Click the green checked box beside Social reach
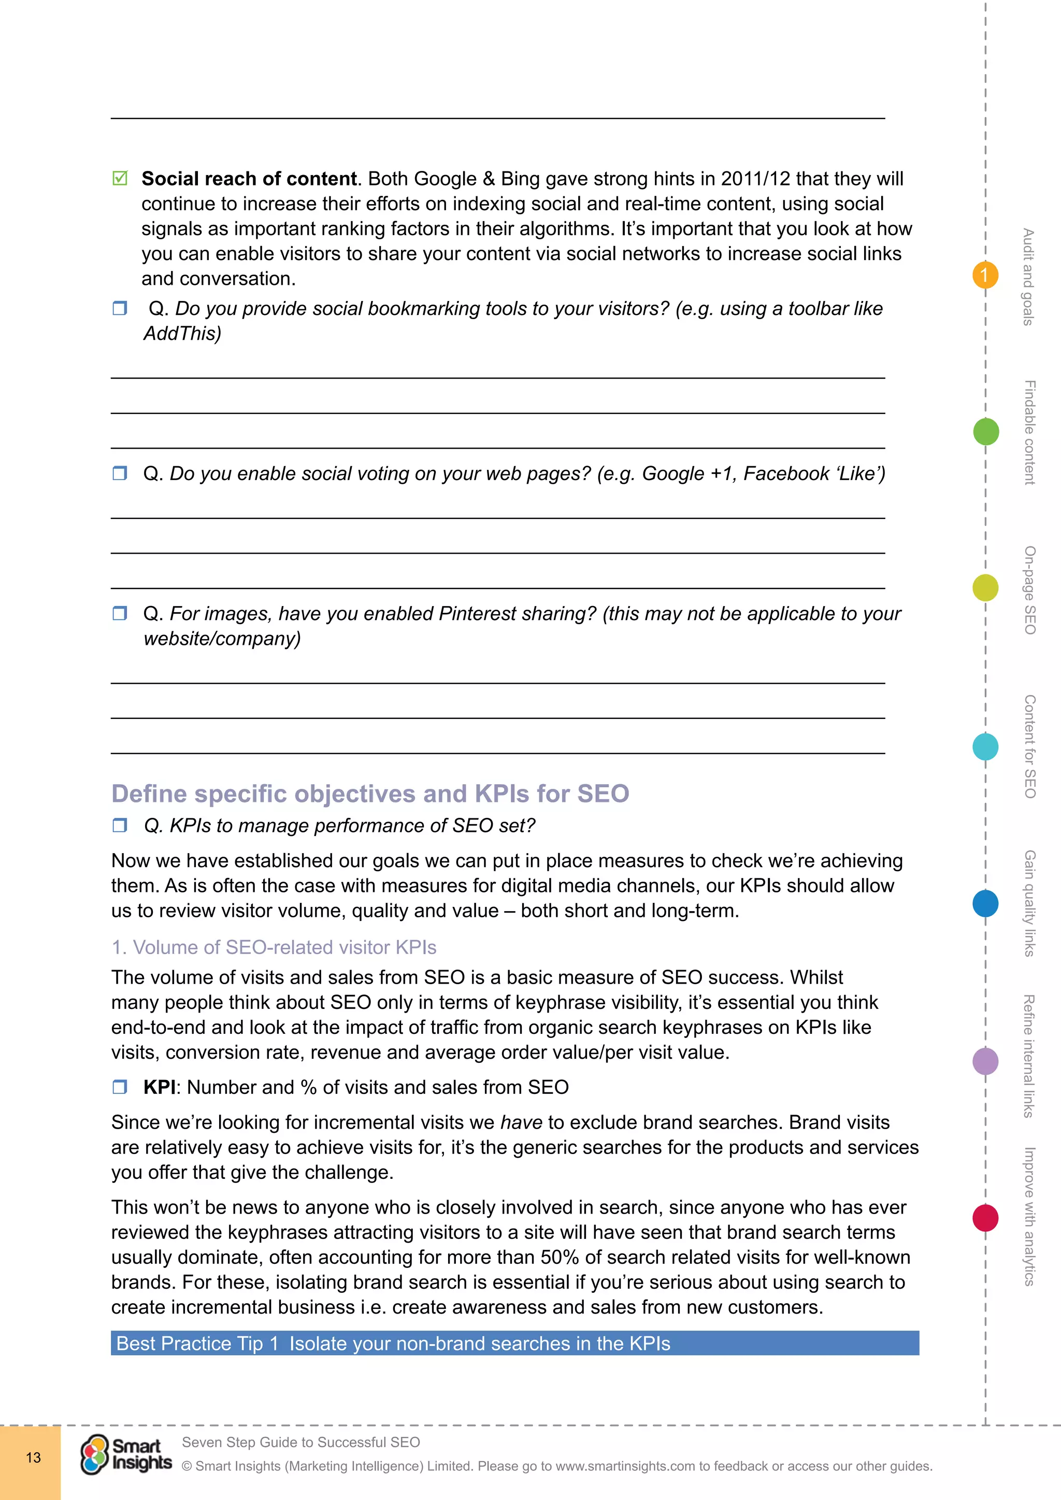(120, 178)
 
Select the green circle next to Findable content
(985, 432)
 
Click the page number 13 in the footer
(33, 1458)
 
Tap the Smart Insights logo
(126, 1454)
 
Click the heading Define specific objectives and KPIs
(370, 793)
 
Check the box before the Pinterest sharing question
(120, 613)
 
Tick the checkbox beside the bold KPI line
(120, 1087)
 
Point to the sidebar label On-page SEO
(1029, 590)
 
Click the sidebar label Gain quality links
(1029, 903)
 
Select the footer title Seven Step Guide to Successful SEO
(300, 1442)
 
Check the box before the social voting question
(120, 472)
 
